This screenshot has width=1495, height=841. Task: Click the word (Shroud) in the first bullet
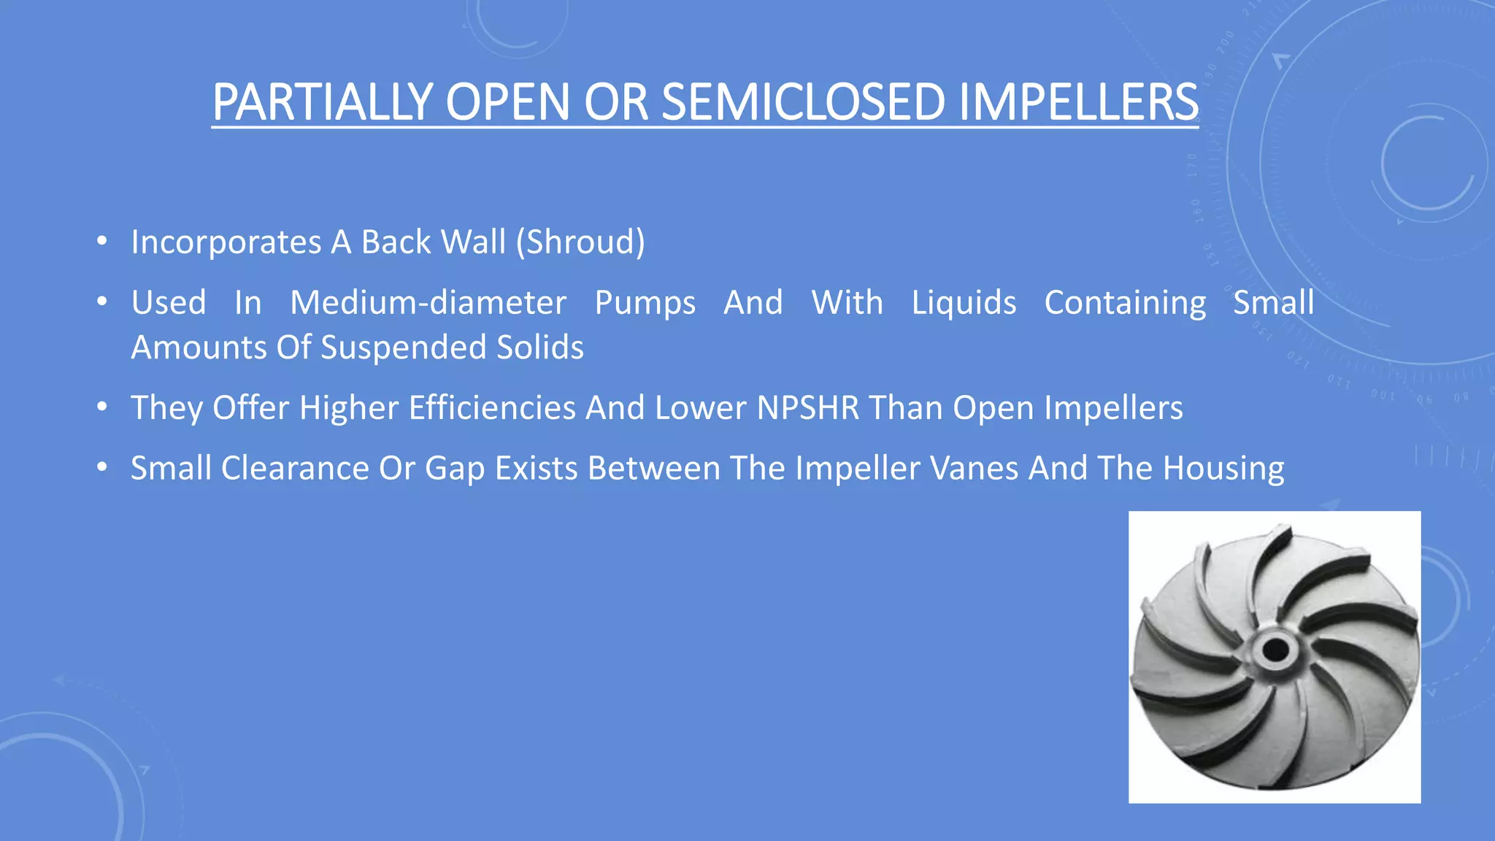click(x=581, y=242)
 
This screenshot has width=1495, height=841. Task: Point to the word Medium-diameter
click(x=428, y=303)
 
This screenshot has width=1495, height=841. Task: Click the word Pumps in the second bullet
click(x=645, y=303)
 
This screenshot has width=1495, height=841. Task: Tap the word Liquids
click(x=964, y=303)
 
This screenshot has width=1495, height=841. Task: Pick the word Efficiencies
click(x=492, y=408)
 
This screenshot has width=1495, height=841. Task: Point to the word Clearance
click(x=295, y=469)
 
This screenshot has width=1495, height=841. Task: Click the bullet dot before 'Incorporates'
click(x=102, y=241)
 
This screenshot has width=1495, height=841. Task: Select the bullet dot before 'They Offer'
click(x=102, y=407)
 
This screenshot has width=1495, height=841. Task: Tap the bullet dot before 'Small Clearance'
click(x=102, y=467)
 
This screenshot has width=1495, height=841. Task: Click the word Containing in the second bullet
click(x=1125, y=303)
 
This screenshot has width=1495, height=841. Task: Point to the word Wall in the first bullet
click(x=474, y=242)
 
